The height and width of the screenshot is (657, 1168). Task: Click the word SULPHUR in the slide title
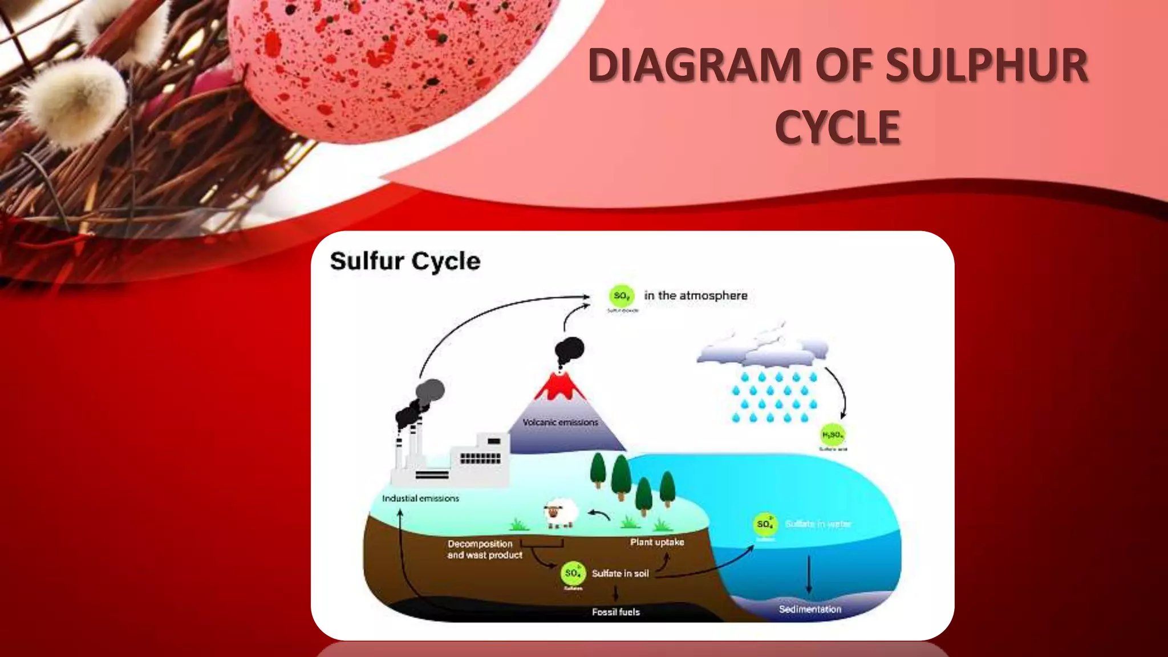987,66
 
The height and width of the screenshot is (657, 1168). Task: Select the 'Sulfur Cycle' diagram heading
405,261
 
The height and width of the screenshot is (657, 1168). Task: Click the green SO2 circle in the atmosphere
621,295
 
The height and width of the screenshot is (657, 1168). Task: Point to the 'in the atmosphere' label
695,295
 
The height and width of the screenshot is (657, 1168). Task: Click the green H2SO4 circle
833,435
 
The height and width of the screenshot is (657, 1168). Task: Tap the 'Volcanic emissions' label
560,422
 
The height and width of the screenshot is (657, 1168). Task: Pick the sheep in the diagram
560,512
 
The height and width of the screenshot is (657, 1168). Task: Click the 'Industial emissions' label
420,498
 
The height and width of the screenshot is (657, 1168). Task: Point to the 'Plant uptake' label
657,542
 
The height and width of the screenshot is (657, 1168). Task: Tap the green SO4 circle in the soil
573,573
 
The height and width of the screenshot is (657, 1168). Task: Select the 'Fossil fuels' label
615,612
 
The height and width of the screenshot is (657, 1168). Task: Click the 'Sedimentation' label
810,609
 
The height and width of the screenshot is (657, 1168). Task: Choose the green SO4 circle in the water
765,524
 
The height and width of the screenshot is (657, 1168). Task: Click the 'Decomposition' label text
480,544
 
